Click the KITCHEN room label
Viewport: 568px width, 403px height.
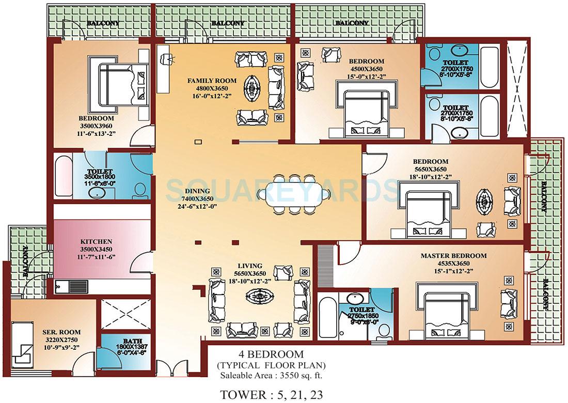pyautogui.click(x=96, y=241)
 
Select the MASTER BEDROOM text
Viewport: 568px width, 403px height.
pyautogui.click(x=453, y=256)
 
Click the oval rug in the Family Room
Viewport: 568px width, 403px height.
pyautogui.click(x=254, y=88)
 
